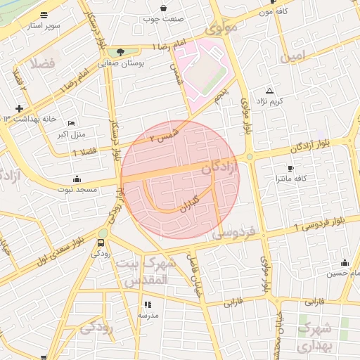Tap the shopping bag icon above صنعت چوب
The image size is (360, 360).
[164, 8]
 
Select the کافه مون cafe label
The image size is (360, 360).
[275, 11]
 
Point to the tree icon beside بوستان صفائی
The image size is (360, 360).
[120, 52]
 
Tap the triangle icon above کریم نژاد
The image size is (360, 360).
[269, 91]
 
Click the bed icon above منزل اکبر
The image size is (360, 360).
[71, 124]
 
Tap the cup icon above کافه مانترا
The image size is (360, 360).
[290, 169]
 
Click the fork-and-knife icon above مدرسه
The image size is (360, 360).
[148, 304]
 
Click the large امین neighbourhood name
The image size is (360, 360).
[293, 55]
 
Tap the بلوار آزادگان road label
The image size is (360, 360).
[321, 146]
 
